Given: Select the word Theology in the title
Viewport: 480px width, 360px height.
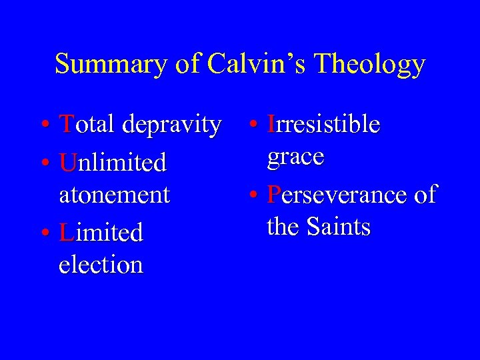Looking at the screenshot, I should [x=370, y=65].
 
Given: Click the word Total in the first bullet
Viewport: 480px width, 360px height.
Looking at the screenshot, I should [x=83, y=124].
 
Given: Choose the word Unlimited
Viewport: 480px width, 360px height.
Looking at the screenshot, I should [x=113, y=162].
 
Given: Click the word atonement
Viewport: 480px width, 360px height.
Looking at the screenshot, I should [x=115, y=195].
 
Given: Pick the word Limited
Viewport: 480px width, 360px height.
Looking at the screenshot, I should [x=101, y=233].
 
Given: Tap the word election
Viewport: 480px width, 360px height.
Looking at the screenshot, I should [x=101, y=265].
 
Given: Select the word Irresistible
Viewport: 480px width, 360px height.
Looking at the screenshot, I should [x=323, y=124].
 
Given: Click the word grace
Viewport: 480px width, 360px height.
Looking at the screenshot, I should [x=295, y=158].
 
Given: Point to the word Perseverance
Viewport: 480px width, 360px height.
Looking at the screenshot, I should [x=337, y=195].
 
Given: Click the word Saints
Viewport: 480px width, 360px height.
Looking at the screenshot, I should [x=339, y=227].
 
